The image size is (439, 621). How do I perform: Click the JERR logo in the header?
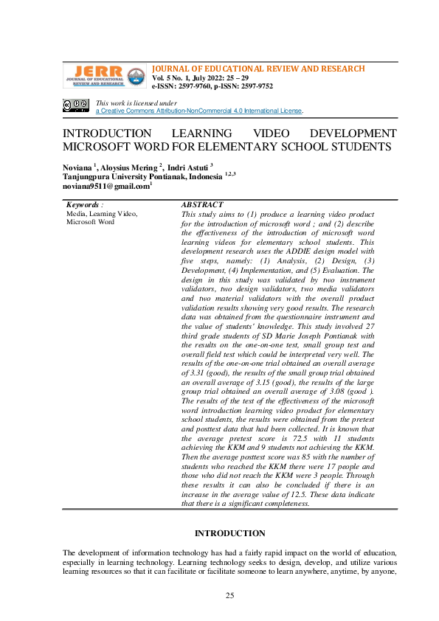click(103, 76)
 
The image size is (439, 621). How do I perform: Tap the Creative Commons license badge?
click(76, 106)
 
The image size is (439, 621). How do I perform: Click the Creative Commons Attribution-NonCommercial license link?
click(199, 111)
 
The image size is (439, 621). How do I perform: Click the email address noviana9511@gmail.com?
click(105, 187)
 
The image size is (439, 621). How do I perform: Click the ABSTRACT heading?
click(202, 204)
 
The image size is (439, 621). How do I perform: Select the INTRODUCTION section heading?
click(229, 533)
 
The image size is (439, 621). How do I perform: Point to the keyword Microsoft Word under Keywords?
click(90, 221)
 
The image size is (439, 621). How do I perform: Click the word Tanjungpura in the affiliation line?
click(87, 177)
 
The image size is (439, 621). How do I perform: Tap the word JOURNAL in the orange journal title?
click(171, 69)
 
